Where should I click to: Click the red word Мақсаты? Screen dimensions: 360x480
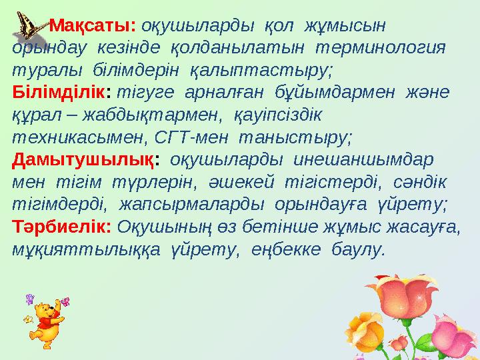(x=93, y=26)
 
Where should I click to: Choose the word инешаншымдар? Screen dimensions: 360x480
(x=359, y=161)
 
